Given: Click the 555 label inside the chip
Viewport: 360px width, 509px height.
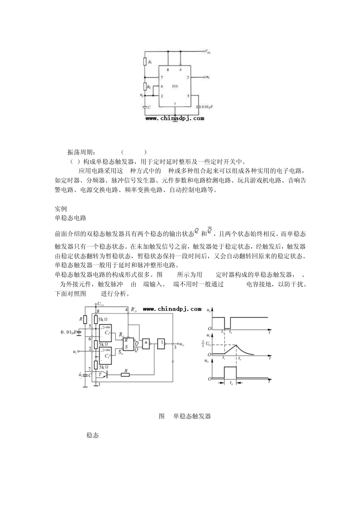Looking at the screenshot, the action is pyautogui.click(x=174, y=86).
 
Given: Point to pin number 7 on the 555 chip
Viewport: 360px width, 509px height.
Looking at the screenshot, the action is pyautogui.click(x=162, y=77).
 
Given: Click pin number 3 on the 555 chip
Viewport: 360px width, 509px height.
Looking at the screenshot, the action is pyautogui.click(x=188, y=77).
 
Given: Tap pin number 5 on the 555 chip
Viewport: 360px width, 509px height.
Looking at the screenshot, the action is pyautogui.click(x=188, y=96).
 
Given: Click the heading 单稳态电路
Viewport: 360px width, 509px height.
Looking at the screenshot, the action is pyautogui.click(x=70, y=218).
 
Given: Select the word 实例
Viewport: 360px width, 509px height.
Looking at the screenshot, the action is pyautogui.click(x=61, y=209).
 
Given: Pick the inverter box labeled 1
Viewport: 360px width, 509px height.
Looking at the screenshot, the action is pyautogui.click(x=162, y=343).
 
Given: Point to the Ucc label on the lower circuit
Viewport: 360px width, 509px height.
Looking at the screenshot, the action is pyautogui.click(x=101, y=304).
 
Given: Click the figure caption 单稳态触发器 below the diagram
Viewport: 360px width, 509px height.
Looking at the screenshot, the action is pyautogui.click(x=192, y=416).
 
